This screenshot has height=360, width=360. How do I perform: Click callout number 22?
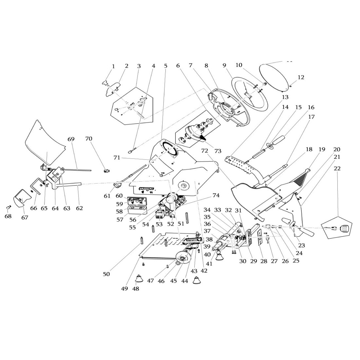pos(337,168)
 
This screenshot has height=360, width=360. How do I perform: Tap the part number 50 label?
pos(106,274)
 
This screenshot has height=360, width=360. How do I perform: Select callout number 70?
pos(88,139)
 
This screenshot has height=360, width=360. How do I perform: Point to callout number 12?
pos(301,77)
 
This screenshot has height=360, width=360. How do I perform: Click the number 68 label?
pos(8,216)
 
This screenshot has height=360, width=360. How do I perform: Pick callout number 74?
pos(216,195)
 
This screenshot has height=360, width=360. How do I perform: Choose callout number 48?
pos(135,289)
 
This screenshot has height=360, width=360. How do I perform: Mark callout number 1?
pos(113,66)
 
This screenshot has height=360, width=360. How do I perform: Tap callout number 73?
pos(218,151)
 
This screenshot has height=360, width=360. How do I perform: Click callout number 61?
pos(107,196)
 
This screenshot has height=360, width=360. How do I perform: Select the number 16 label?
pos(311,107)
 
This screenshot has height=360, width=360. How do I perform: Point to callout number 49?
pos(124,288)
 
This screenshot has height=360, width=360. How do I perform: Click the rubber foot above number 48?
pos(139,279)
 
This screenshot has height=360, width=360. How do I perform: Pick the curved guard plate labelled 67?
pos(21,198)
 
